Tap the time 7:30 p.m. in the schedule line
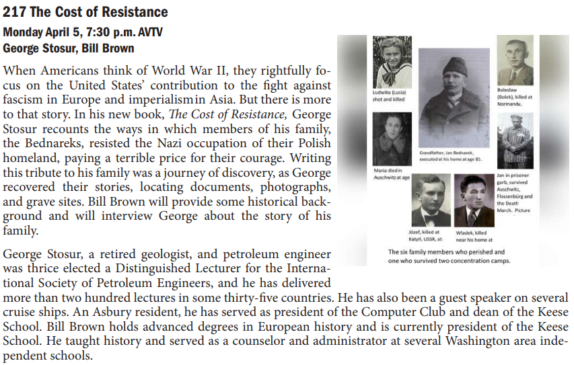101,32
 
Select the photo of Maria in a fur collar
393,140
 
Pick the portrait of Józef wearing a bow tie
431,201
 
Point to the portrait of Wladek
474,201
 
